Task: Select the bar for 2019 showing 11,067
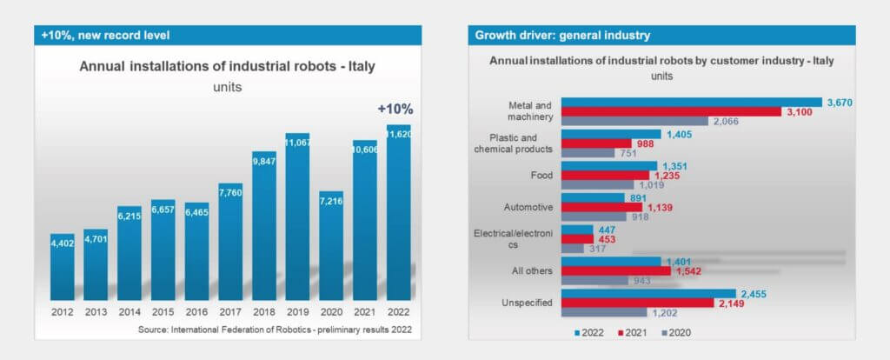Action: [x=298, y=217]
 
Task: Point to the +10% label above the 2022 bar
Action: [x=395, y=110]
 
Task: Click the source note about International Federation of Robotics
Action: [x=274, y=330]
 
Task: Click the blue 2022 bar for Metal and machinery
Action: [x=692, y=102]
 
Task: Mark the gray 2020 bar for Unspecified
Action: [x=605, y=312]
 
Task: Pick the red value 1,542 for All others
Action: [x=688, y=270]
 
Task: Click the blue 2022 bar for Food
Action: [x=609, y=165]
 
